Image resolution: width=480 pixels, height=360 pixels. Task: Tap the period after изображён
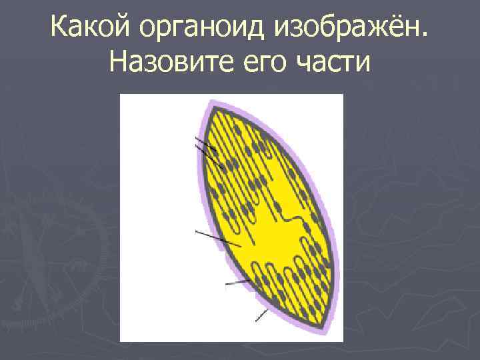tap(427, 37)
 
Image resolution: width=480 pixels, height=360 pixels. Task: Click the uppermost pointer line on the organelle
tap(203, 142)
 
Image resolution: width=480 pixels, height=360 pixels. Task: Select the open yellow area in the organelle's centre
tap(267, 237)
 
